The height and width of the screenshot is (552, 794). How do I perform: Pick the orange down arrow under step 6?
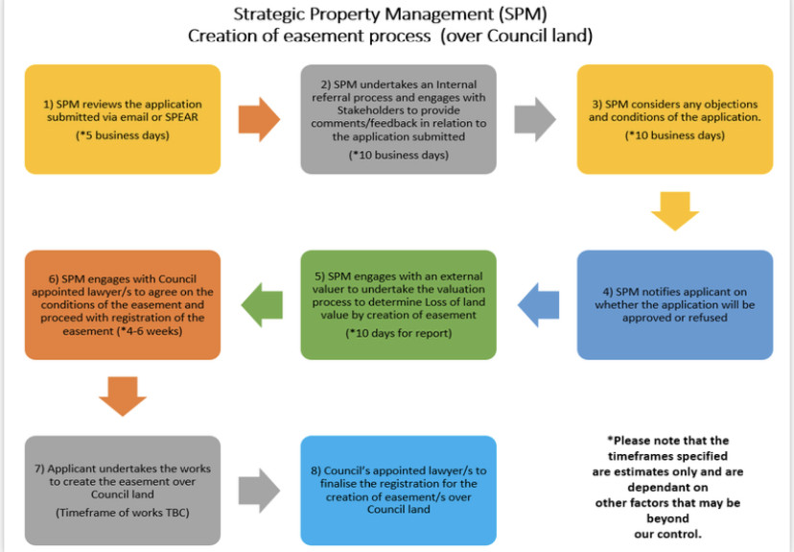pyautogui.click(x=123, y=395)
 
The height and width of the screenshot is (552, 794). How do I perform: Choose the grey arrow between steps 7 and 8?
pyautogui.click(x=256, y=490)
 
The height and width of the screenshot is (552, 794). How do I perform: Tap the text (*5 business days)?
pyautogui.click(x=122, y=136)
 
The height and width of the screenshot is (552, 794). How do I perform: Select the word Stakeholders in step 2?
pyautogui.click(x=343, y=110)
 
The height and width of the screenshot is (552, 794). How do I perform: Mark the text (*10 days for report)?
pyautogui.click(x=398, y=333)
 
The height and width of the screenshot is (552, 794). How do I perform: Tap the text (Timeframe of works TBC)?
pyautogui.click(x=122, y=515)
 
